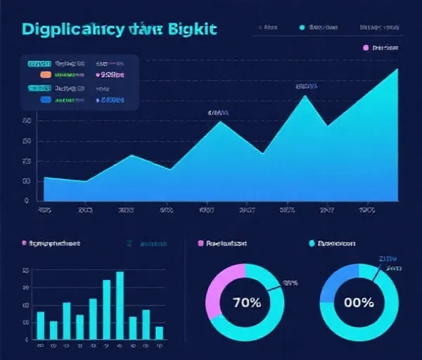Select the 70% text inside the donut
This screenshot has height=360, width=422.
pyautogui.click(x=246, y=303)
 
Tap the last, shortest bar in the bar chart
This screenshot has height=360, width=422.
pyautogui.click(x=160, y=333)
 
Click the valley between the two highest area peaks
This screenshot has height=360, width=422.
pyautogui.click(x=326, y=125)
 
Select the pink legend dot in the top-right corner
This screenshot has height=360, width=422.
pyautogui.click(x=366, y=48)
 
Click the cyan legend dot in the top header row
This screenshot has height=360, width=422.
pyautogui.click(x=302, y=28)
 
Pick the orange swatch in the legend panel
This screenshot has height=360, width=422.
pyautogui.click(x=46, y=73)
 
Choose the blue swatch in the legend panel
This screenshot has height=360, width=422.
pyautogui.click(x=46, y=100)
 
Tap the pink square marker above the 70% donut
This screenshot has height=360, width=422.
pyautogui.click(x=201, y=243)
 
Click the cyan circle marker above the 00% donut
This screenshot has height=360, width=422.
pyautogui.click(x=312, y=243)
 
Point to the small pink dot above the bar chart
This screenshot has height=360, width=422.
pyautogui.click(x=24, y=243)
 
